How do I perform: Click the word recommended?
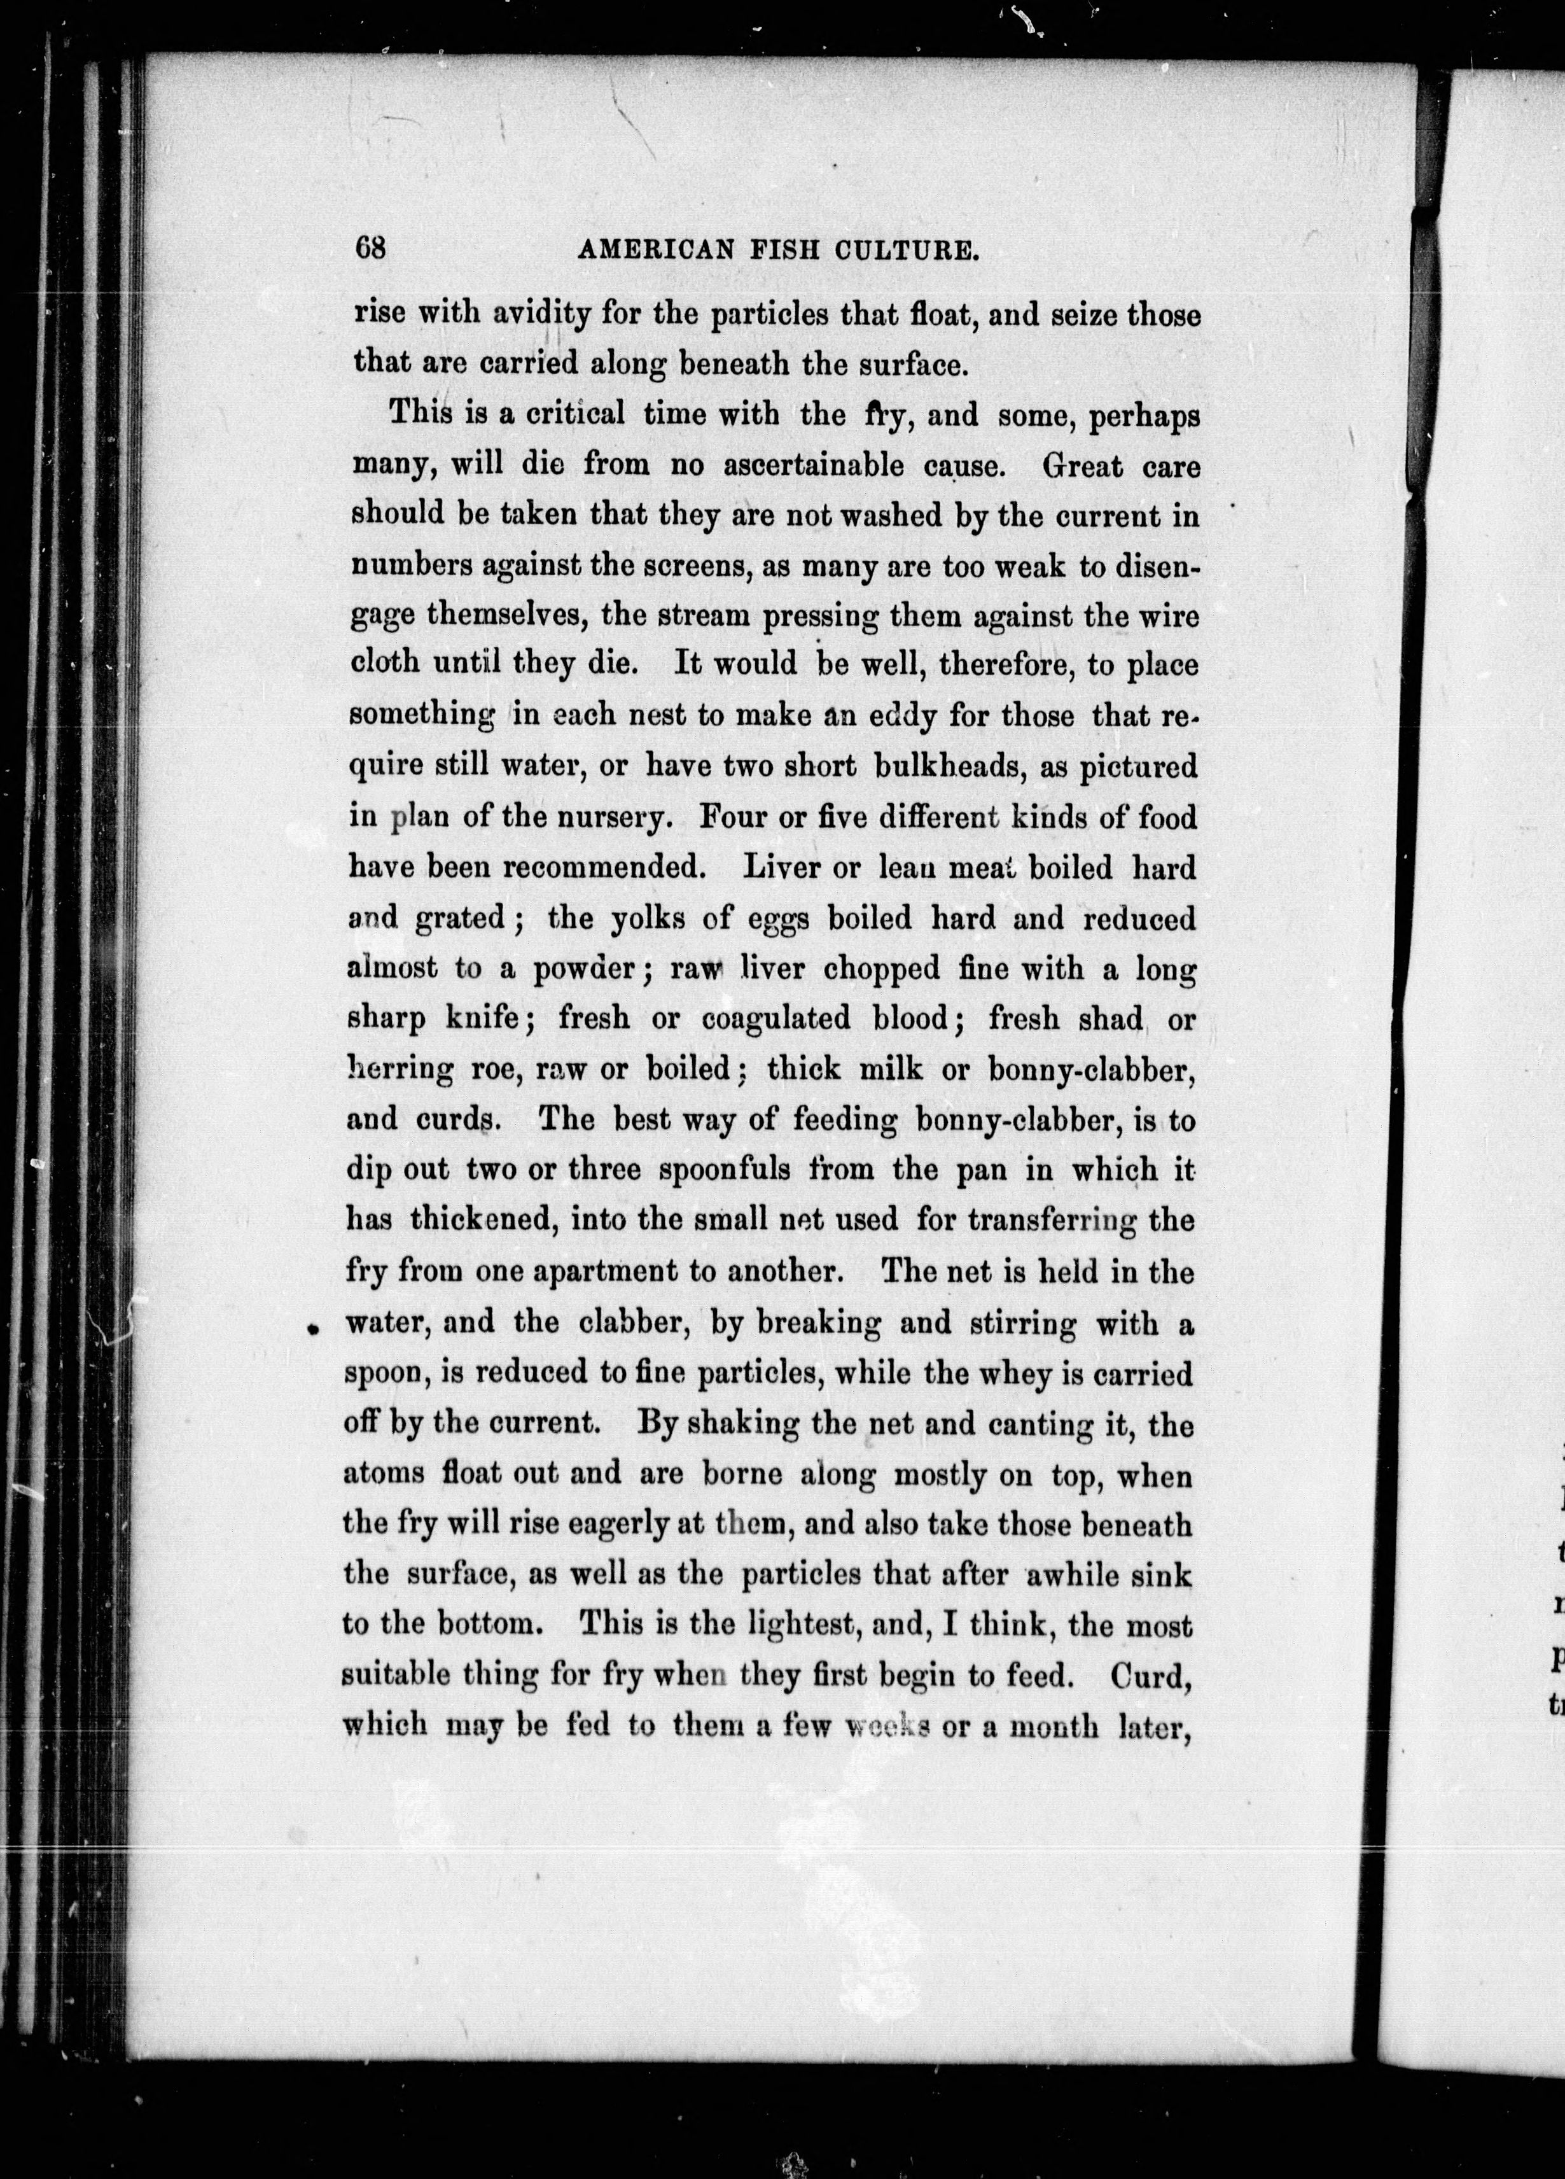(607, 869)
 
